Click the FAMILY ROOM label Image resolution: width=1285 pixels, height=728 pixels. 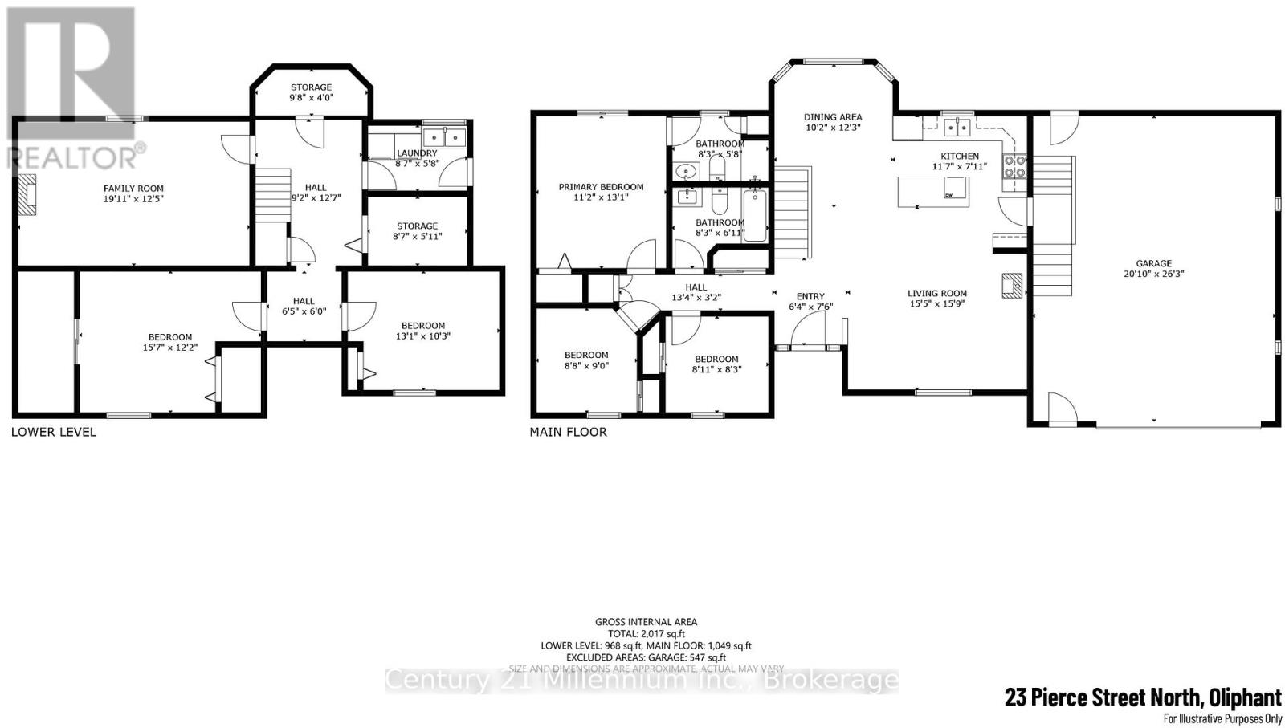pyautogui.click(x=133, y=189)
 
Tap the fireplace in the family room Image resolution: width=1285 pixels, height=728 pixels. pyautogui.click(x=28, y=194)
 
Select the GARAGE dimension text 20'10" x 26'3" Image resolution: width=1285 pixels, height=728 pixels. pyautogui.click(x=1153, y=274)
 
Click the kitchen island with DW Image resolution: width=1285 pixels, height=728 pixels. pyautogui.click(x=932, y=191)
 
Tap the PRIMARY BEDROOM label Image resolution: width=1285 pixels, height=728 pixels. pyautogui.click(x=601, y=187)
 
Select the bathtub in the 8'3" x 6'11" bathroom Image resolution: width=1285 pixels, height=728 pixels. pyautogui.click(x=755, y=215)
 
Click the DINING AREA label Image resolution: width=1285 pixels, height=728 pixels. pyautogui.click(x=833, y=117)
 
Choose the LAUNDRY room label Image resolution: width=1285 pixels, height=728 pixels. pyautogui.click(x=417, y=153)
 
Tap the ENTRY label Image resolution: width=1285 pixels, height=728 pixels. pyautogui.click(x=810, y=297)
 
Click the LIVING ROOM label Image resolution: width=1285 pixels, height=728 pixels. pyautogui.click(x=937, y=294)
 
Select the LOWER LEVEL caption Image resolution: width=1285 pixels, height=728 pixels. pyautogui.click(x=54, y=432)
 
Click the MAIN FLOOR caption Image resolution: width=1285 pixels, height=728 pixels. pyautogui.click(x=568, y=432)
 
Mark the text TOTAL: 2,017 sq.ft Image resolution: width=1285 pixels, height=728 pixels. pyautogui.click(x=646, y=633)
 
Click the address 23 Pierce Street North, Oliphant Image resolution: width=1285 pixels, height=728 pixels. pyautogui.click(x=1143, y=697)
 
